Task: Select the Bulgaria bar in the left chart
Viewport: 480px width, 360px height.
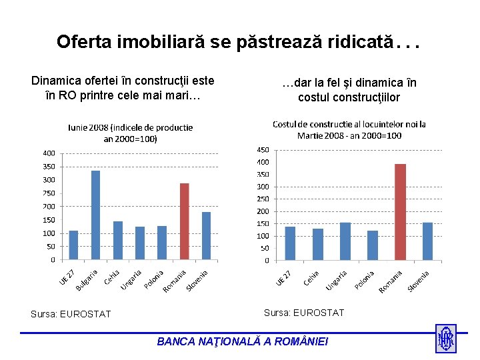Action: pos(95,215)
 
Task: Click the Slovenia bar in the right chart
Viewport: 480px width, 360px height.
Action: pos(427,241)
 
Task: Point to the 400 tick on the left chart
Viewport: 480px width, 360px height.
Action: pos(49,153)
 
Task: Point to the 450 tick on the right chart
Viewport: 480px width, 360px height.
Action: pos(263,149)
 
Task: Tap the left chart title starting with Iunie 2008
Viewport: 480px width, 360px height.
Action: pos(129,133)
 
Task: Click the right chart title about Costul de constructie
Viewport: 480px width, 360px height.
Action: pos(349,129)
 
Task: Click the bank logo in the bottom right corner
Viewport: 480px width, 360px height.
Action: pos(445,338)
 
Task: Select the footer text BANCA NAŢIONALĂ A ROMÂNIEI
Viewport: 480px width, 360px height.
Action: pos(243,341)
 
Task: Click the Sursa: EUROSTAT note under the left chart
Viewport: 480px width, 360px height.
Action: pos(71,314)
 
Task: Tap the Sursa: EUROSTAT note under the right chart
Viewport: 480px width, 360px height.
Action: pos(304,313)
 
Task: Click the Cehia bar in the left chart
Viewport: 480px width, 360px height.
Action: pos(118,241)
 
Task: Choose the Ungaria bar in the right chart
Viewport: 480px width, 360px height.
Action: pos(345,241)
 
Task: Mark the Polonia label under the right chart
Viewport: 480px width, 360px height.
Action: pos(365,279)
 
